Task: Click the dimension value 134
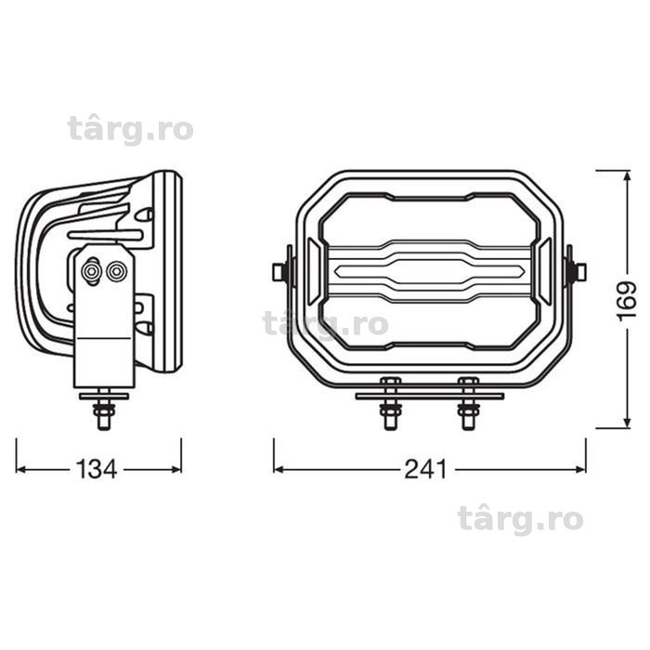97,470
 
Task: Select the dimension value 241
425,470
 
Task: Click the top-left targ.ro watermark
130,129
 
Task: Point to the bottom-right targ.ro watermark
520,519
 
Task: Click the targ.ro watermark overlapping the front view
326,324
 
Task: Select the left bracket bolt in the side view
91,272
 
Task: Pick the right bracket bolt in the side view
116,272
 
